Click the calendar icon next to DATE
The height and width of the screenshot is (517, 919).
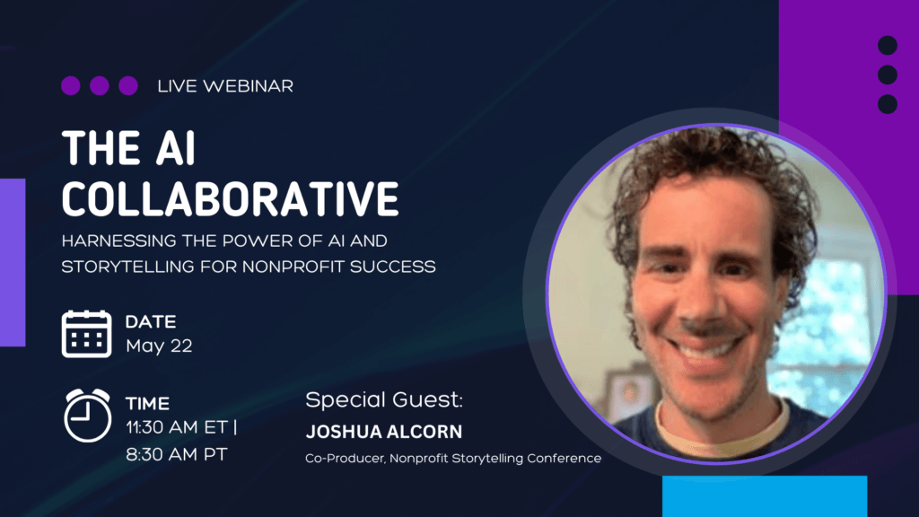[86, 334]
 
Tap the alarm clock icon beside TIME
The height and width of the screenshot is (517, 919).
[87, 415]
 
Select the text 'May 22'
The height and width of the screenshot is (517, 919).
[159, 346]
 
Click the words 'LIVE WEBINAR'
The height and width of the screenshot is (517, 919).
[225, 86]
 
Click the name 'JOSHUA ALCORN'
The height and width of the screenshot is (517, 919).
[384, 432]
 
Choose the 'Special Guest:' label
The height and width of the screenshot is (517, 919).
[384, 399]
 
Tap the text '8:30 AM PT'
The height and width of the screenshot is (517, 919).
[176, 454]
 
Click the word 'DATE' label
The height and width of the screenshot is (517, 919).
[151, 321]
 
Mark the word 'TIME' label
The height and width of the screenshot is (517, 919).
[147, 404]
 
